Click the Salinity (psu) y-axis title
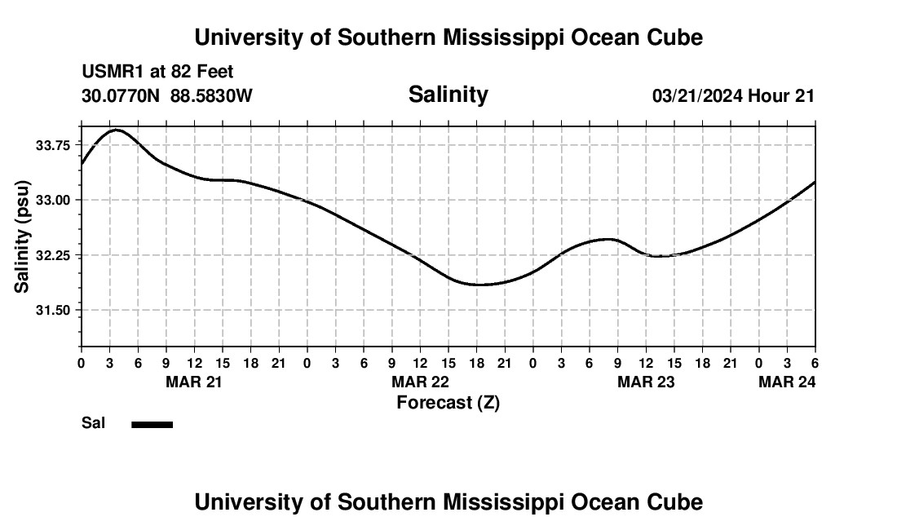22,236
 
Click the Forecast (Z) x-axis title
448,402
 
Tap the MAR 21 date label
195,382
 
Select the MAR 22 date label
420,382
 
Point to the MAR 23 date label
646,382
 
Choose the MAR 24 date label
787,382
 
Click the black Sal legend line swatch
152,424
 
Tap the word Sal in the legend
93,423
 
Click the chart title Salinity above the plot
448,95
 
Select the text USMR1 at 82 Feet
157,72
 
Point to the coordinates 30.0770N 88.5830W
167,95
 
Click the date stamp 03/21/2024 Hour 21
733,96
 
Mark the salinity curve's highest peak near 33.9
116,130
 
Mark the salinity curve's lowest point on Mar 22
479,285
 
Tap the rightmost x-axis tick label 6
815,363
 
